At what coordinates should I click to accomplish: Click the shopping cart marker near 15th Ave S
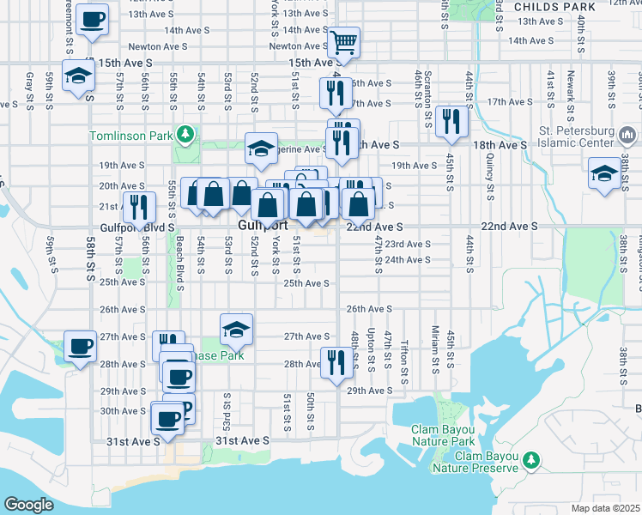pyautogui.click(x=343, y=41)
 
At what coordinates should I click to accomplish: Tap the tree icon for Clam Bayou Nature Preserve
pyautogui.click(x=532, y=462)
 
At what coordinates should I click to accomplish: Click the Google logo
pyautogui.click(x=28, y=504)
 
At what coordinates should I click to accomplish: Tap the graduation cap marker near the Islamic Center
pyautogui.click(x=604, y=173)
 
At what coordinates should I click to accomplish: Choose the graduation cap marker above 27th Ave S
pyautogui.click(x=237, y=327)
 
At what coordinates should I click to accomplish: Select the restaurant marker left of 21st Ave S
pyautogui.click(x=136, y=207)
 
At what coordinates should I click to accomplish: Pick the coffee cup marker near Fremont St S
pyautogui.click(x=92, y=19)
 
